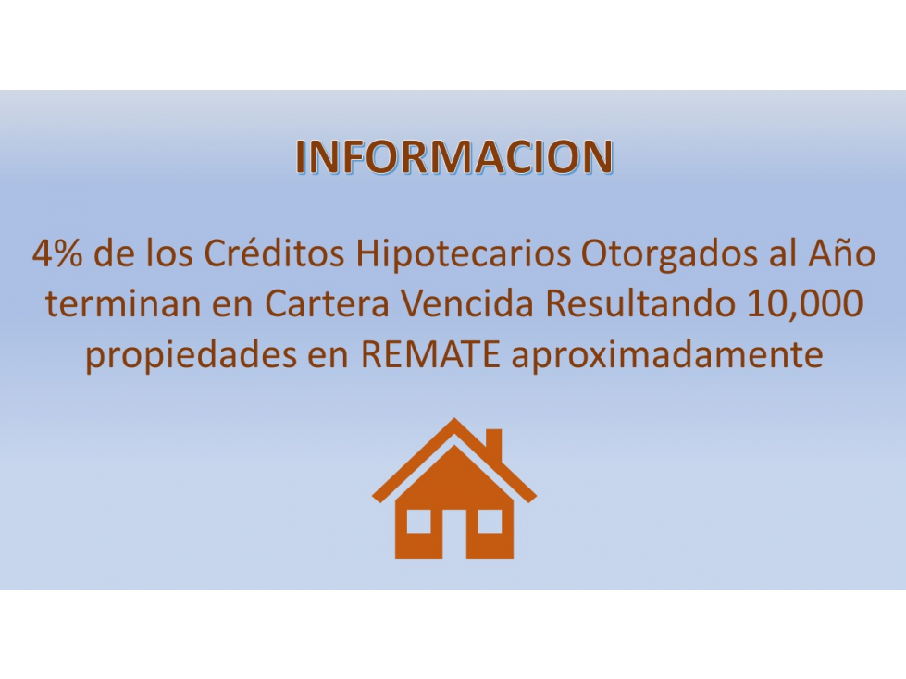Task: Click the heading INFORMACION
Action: click(453, 156)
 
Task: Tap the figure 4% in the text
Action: click(57, 253)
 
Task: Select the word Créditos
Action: click(275, 253)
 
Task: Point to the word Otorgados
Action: click(668, 254)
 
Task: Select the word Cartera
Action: click(327, 304)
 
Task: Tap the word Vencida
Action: click(466, 303)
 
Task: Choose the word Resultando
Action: click(640, 303)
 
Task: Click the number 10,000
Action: click(805, 304)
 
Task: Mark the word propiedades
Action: click(190, 354)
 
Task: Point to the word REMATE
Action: click(430, 355)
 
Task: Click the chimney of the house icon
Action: click(493, 445)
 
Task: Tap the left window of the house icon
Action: click(419, 521)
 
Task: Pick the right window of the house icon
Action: click(490, 521)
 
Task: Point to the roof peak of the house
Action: click(454, 419)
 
